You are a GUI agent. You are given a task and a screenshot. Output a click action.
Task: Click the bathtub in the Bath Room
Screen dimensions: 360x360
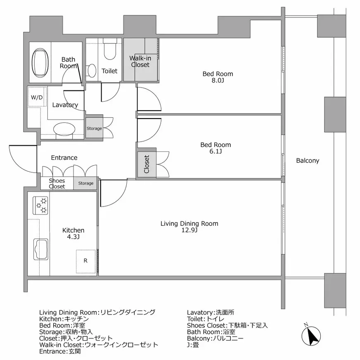pos(40,62)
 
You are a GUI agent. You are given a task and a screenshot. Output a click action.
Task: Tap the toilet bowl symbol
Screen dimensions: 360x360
pos(109,49)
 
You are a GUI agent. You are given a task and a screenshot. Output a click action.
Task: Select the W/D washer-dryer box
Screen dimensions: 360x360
pos(37,97)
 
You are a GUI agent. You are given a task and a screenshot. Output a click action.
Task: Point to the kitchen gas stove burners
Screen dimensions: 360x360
pos(40,205)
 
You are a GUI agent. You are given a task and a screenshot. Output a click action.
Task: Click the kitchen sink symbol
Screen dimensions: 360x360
pos(41,249)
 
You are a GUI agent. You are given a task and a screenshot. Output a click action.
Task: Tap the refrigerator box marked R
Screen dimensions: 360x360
pos(85,261)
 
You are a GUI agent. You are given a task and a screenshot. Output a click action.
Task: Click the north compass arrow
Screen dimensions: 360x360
pos(311,336)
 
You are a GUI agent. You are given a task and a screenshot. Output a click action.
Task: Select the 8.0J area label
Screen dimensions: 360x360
pos(218,81)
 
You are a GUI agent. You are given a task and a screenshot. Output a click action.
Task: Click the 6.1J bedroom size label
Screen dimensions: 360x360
pos(216,151)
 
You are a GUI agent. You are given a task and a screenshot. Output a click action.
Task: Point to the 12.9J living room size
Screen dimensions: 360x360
pos(189,230)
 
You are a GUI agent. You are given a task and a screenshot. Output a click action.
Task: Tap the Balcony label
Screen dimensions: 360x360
pos(308,161)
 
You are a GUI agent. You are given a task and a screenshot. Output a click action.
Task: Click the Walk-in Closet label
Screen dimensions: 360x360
pos(140,62)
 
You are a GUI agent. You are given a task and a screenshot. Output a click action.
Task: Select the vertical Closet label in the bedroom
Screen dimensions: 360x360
pos(147,164)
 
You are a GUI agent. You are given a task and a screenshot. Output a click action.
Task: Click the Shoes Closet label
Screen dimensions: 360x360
pos(57,183)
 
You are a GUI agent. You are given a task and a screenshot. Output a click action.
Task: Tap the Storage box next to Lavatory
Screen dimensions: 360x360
pos(94,128)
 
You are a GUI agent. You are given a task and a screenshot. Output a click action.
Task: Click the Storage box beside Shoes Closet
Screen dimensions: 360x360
pos(85,183)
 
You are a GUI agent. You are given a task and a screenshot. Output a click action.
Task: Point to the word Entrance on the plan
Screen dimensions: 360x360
pos(64,158)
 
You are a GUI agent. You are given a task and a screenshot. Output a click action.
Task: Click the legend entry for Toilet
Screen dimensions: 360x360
pos(206,319)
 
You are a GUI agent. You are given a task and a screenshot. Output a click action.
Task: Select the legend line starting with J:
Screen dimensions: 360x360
pos(193,345)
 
